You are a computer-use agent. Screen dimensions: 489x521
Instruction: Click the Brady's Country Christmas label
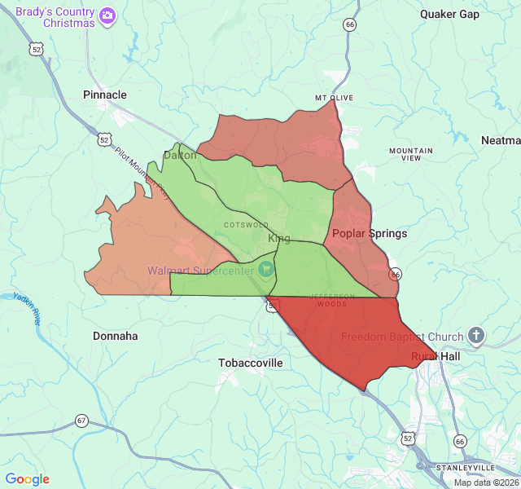point(55,16)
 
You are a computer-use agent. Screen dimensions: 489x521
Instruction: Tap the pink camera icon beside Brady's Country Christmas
point(107,15)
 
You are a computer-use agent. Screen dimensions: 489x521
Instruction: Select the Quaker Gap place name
point(449,14)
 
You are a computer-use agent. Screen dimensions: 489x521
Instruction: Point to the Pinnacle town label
point(105,95)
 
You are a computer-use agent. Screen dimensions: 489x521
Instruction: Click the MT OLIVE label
point(335,98)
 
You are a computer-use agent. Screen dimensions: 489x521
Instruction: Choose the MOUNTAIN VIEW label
point(411,154)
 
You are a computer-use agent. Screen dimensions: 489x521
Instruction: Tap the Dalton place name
point(180,155)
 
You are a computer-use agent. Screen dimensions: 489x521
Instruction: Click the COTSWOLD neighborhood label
point(246,224)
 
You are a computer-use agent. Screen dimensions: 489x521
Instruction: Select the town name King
point(278,238)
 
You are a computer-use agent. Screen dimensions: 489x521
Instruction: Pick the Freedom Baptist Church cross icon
point(476,336)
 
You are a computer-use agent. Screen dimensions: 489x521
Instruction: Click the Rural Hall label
point(436,356)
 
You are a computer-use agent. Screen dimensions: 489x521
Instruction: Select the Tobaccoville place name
point(250,363)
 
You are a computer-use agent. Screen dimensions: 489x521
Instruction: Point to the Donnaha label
point(115,336)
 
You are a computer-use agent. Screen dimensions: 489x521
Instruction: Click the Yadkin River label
point(28,308)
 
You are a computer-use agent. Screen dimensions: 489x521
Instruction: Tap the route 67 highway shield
point(81,421)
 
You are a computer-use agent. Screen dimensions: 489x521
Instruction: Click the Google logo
point(27,479)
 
